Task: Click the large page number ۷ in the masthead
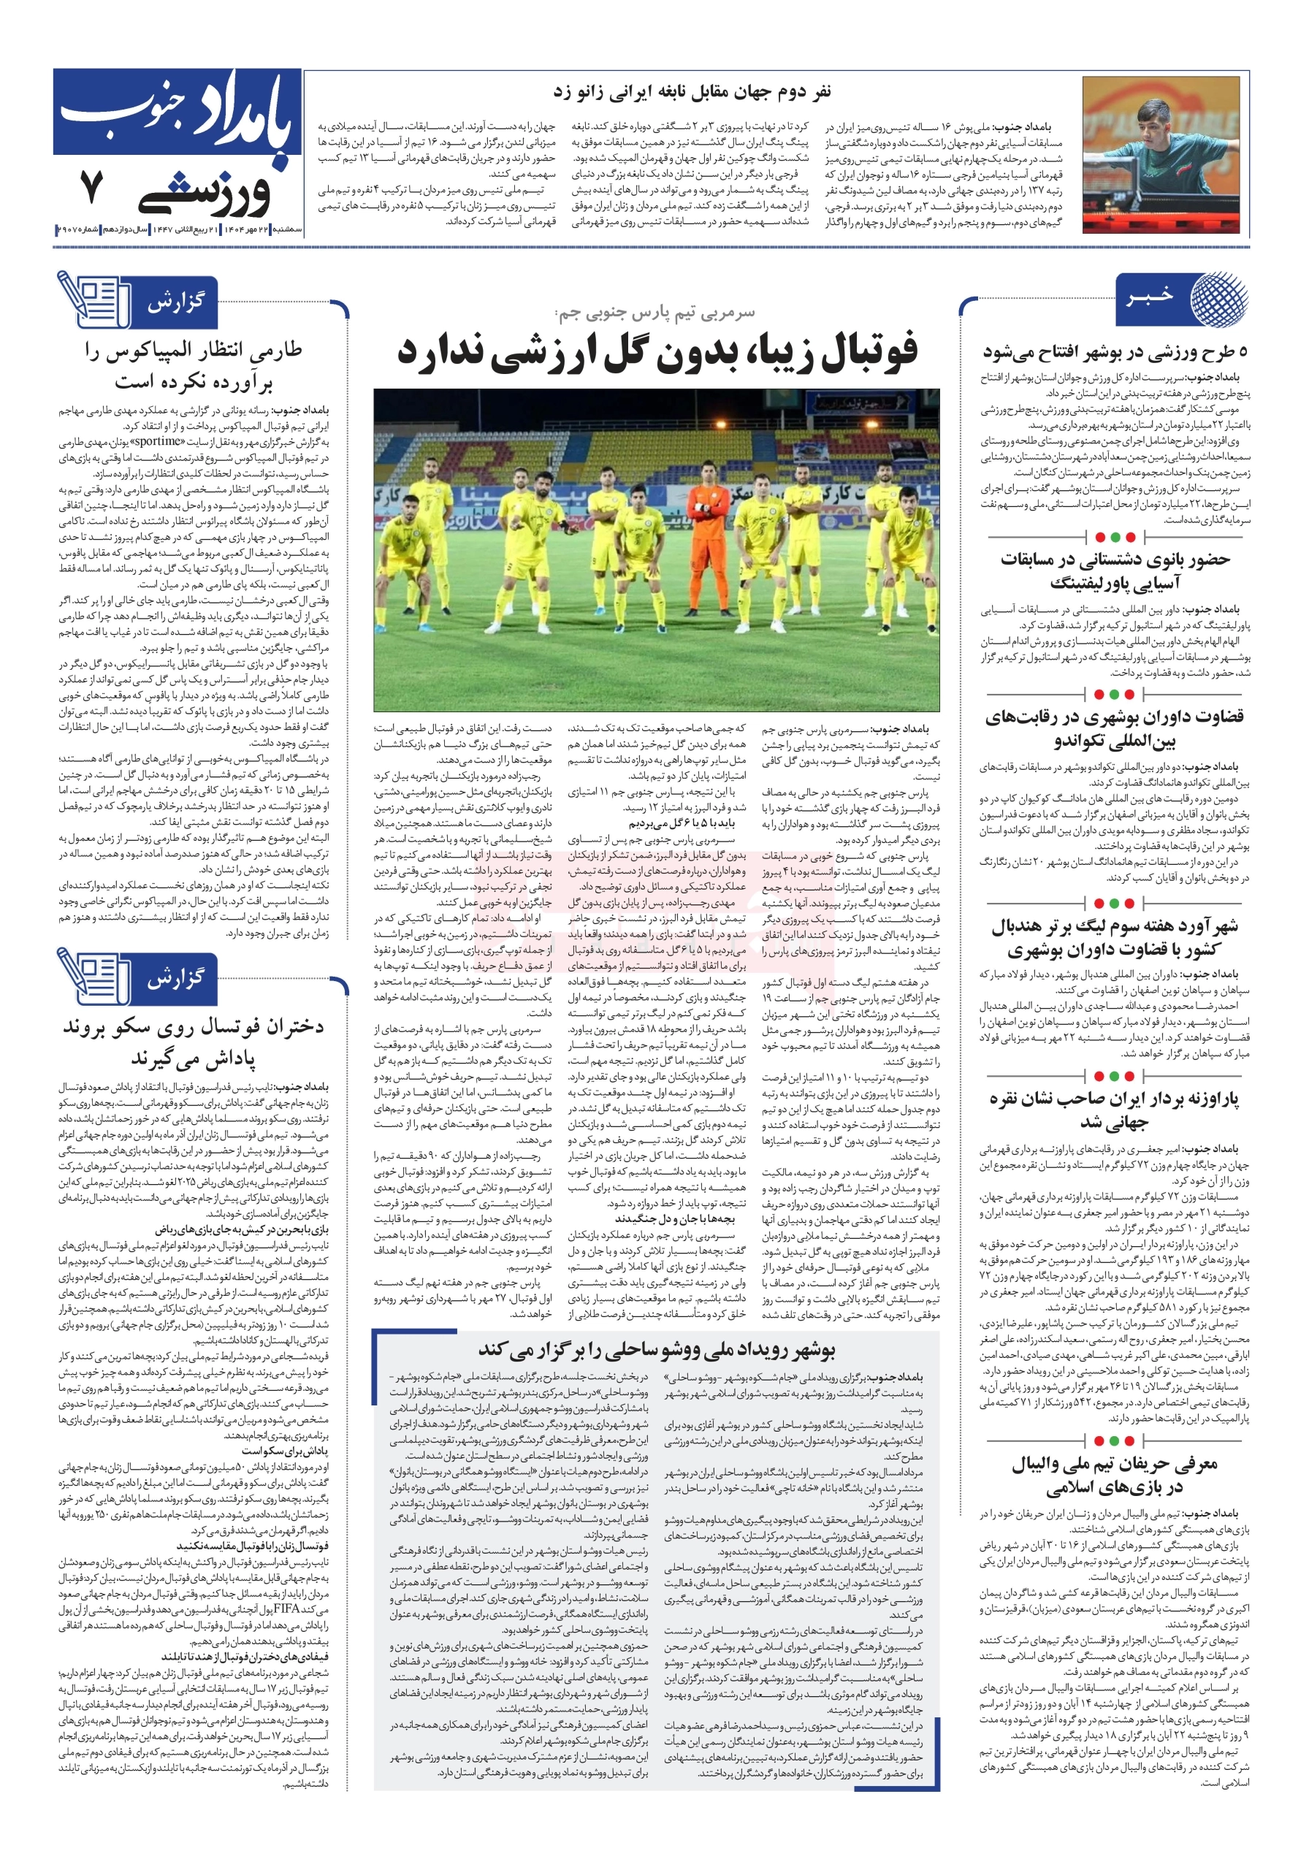click(91, 187)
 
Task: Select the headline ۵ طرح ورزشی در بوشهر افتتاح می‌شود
click(1113, 353)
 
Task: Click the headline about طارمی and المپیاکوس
click(194, 365)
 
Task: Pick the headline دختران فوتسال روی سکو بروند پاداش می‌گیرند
click(194, 1042)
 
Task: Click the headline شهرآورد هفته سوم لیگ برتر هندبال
click(1113, 937)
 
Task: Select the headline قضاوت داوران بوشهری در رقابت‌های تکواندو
click(1113, 728)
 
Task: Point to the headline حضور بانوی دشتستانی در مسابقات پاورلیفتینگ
click(1113, 571)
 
